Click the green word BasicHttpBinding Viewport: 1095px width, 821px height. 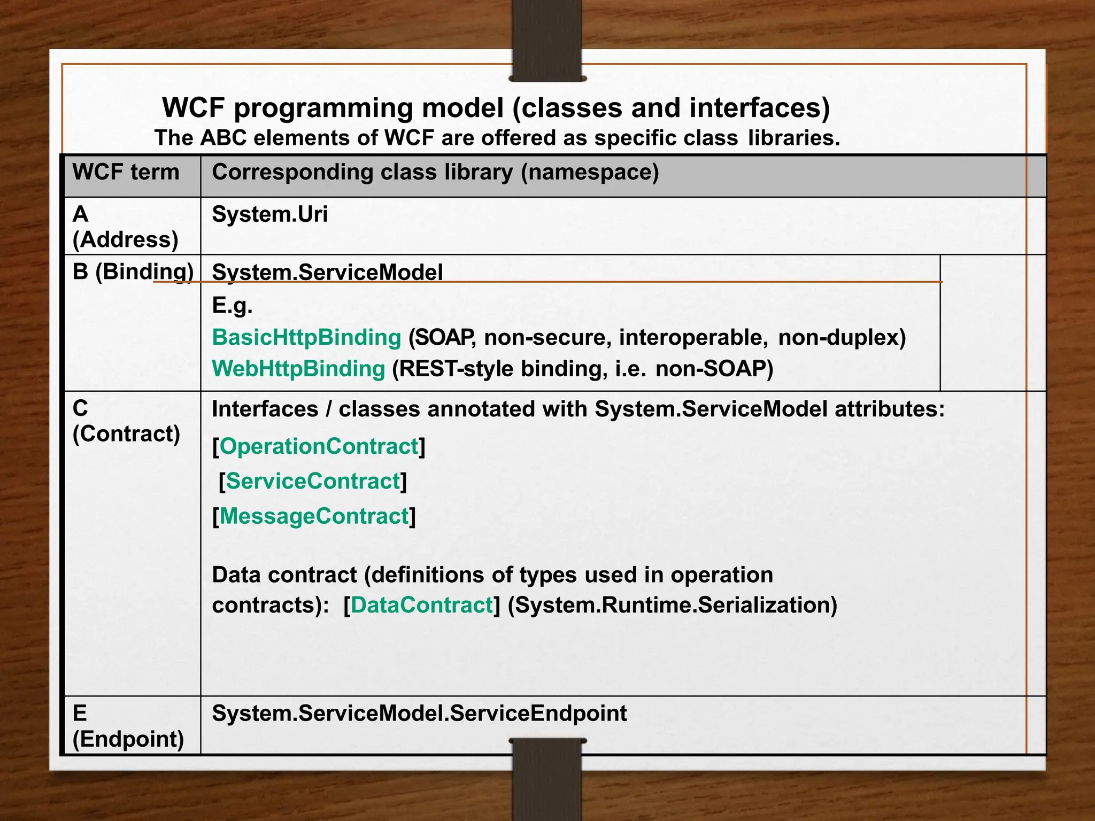tap(306, 338)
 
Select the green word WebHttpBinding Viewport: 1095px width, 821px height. tap(298, 369)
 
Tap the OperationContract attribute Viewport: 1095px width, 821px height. tap(319, 447)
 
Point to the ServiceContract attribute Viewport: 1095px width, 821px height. tap(313, 482)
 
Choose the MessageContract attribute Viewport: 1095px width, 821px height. tap(314, 516)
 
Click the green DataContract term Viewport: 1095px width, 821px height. tap(421, 605)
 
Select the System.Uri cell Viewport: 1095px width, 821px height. tap(269, 215)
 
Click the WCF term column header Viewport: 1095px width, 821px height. tap(126, 173)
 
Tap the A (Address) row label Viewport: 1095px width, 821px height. tap(125, 227)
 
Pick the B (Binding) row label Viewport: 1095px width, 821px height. tap(133, 272)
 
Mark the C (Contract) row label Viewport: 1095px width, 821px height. tap(126, 422)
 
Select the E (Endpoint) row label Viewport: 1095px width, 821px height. tap(128, 726)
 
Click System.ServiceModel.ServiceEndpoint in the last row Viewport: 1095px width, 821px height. tap(419, 714)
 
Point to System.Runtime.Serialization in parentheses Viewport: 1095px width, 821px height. tap(672, 605)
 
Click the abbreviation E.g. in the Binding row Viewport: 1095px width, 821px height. tap(232, 306)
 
